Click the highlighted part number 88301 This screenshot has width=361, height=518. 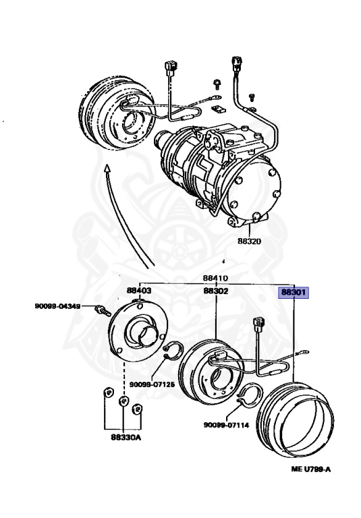coord(294,293)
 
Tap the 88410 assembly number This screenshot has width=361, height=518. coord(215,277)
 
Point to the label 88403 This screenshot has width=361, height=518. coord(138,291)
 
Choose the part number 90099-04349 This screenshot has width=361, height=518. coord(59,307)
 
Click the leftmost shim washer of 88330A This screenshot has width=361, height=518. coord(107,393)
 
